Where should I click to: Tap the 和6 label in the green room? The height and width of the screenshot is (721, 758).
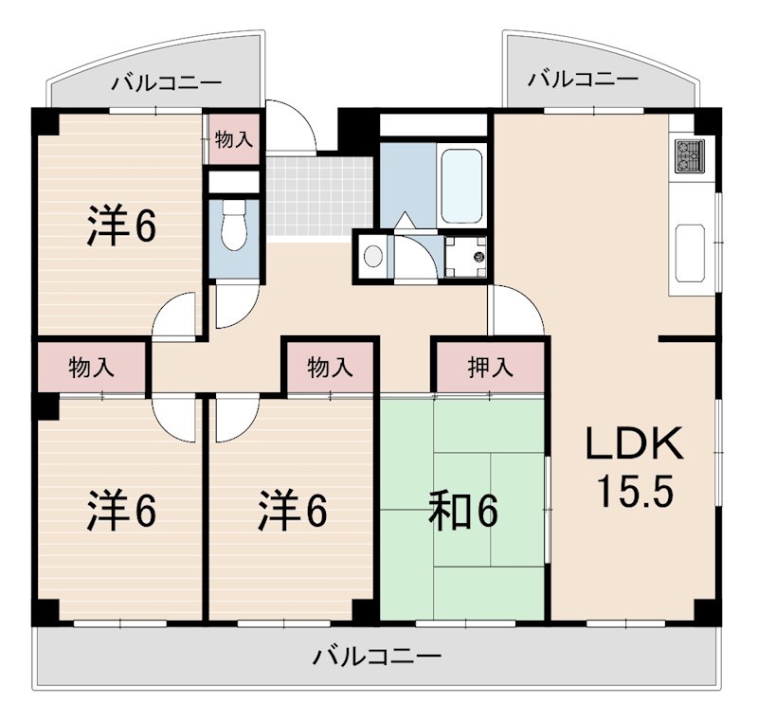point(462,513)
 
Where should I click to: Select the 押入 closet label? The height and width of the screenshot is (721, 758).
point(490,368)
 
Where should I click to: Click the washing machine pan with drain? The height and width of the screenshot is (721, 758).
point(464,254)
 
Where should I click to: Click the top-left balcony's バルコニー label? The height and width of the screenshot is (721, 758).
point(167,82)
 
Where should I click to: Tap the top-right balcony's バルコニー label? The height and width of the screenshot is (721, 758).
point(583,79)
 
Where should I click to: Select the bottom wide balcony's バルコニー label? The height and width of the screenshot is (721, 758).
point(377,656)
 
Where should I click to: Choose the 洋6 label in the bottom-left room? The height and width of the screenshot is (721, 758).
point(122,512)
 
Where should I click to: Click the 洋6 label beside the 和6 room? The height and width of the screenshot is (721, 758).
point(293,512)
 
